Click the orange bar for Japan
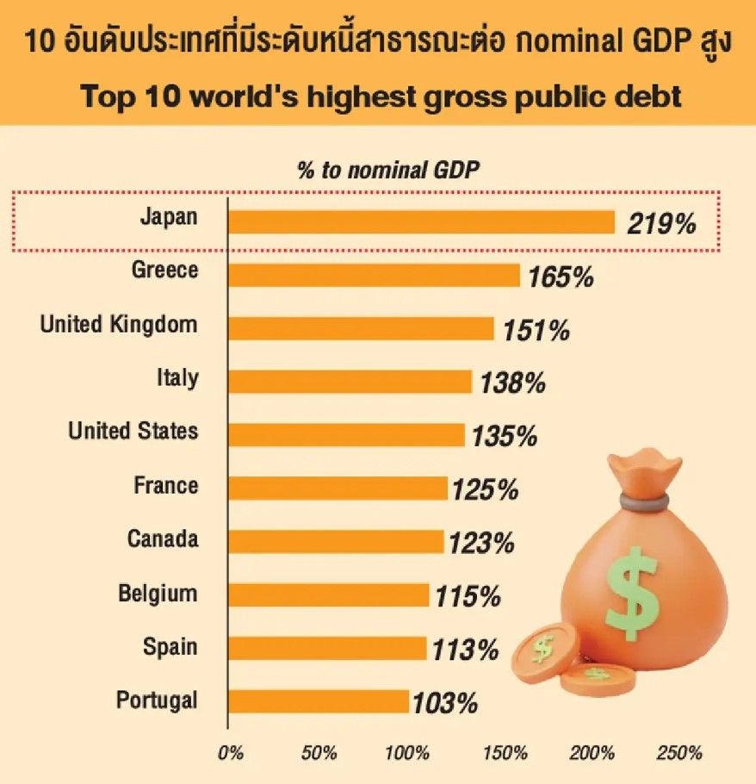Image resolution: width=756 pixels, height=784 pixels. pos(421,222)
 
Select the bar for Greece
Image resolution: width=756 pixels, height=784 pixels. pos(374,276)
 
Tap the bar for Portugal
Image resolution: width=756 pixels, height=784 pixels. pos(319,701)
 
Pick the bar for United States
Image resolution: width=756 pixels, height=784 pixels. pos(346,435)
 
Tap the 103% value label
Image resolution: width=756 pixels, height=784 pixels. pos(444,703)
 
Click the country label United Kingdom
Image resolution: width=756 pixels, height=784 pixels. pos(119,325)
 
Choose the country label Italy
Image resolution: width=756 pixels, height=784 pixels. pos(177,377)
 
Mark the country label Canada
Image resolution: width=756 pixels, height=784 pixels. pos(163,539)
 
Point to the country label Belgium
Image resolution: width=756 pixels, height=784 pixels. pos(158,594)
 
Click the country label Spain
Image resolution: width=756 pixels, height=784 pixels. pos(170,647)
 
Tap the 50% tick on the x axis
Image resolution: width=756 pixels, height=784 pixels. pos(319,753)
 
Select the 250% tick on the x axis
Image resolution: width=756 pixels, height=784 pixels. pos(679,753)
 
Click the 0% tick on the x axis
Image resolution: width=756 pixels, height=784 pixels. pos(231,753)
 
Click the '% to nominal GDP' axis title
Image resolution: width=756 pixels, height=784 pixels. pos(387,170)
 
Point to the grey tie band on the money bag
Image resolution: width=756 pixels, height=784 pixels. pos(638,501)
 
